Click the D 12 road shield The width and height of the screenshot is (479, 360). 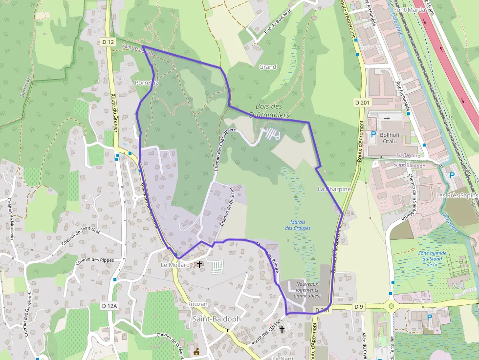[x=109, y=42]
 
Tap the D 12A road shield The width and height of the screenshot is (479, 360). [x=110, y=306]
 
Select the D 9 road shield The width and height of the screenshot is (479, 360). [x=359, y=307]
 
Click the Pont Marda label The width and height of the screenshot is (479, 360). [x=408, y=10]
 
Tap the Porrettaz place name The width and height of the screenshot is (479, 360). [x=147, y=83]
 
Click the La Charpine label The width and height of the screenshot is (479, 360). [x=334, y=189]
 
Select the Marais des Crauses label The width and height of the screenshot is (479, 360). [x=298, y=225]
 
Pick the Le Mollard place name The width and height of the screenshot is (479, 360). [x=175, y=265]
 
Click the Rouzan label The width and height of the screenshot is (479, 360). [x=197, y=304]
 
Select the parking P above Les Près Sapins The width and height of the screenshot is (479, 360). [x=452, y=175]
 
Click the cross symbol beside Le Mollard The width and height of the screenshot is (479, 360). [x=199, y=265]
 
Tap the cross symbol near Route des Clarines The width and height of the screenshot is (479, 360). [x=282, y=330]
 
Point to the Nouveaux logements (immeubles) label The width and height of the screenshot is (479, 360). [x=307, y=290]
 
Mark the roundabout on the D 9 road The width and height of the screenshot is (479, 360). [x=392, y=307]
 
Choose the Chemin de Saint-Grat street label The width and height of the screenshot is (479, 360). [x=81, y=236]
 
